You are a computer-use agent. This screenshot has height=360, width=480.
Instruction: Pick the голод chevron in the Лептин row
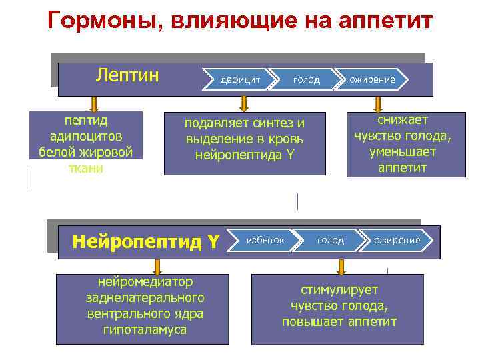[306, 79]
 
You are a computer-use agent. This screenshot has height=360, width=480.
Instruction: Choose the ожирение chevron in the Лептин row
[372, 79]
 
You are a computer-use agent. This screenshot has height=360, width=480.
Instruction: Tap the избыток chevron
[265, 239]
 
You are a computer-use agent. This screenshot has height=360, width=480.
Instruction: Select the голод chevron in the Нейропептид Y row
[330, 239]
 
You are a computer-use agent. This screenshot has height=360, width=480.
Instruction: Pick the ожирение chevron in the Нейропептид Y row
[397, 239]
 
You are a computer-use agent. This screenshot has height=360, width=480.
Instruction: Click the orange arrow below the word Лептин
[94, 103]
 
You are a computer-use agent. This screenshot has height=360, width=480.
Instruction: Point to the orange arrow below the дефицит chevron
[244, 103]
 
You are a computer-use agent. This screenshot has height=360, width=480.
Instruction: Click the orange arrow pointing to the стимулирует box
[341, 267]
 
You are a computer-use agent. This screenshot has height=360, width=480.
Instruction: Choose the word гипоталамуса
[145, 329]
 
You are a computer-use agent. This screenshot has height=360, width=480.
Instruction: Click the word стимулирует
[339, 290]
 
